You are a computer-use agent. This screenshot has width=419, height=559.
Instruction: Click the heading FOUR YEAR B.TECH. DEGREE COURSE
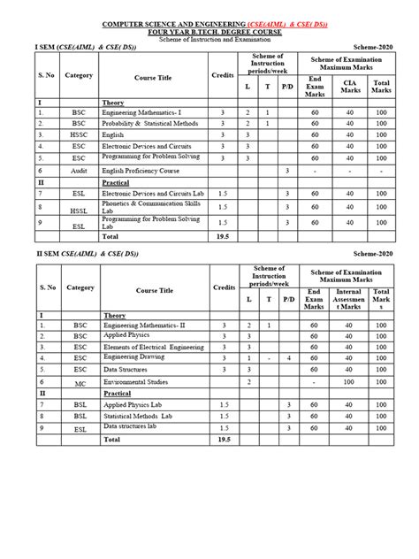pyautogui.click(x=209, y=31)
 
